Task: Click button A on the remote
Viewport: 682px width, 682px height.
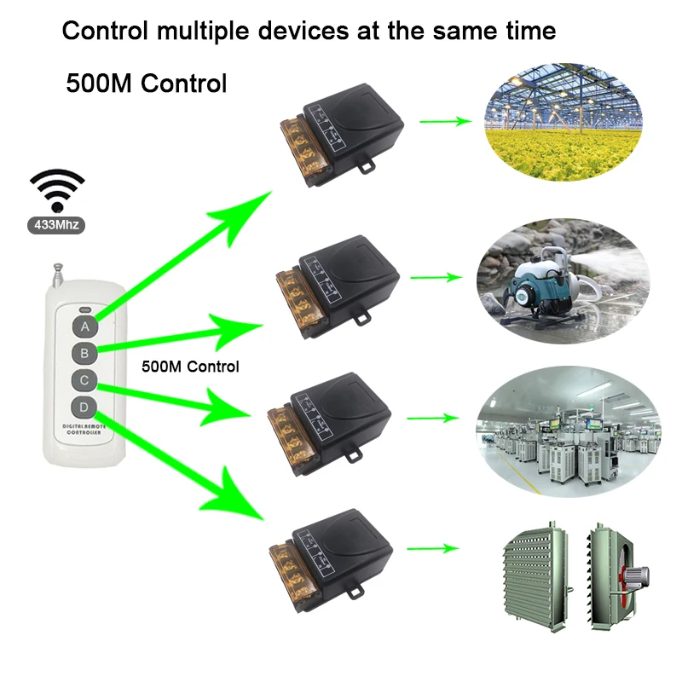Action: (x=84, y=326)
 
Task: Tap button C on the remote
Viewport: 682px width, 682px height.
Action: (x=84, y=380)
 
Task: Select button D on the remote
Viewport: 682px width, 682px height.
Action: (x=84, y=407)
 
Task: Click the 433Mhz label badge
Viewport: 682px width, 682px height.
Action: (x=58, y=227)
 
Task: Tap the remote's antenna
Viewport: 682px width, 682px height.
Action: (x=57, y=275)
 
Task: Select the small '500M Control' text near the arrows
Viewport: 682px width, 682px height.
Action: (x=189, y=367)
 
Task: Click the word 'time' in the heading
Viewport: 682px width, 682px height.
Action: (x=528, y=32)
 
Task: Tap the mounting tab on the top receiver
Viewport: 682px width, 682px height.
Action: (x=367, y=163)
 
